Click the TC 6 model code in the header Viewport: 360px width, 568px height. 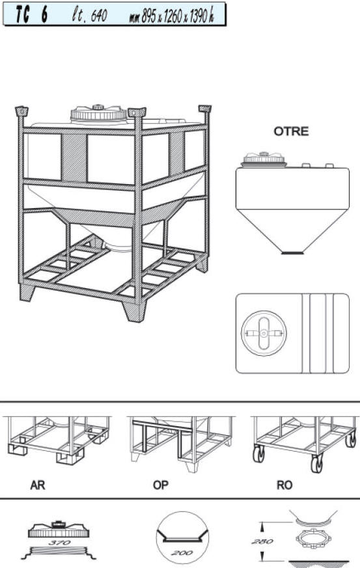coord(31,15)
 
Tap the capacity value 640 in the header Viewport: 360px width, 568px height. coord(98,16)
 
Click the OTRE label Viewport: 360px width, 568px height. coord(291,131)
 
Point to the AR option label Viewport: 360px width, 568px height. coord(38,485)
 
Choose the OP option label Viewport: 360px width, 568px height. coord(161,485)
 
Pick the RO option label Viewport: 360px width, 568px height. coord(284,485)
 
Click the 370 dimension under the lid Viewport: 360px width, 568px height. coord(59,543)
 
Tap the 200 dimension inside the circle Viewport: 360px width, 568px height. coord(182,553)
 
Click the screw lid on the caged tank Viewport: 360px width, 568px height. coord(98,114)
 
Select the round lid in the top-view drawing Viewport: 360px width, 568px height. coord(264,333)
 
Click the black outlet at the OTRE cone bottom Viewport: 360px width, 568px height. coord(292,252)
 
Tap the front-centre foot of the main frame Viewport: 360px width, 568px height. coord(135,312)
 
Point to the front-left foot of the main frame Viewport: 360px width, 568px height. coord(27,292)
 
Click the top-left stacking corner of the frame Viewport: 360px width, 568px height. coord(21,111)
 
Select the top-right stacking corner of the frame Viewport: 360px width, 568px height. coord(205,109)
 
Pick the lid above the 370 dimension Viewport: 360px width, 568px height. coord(59,530)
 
